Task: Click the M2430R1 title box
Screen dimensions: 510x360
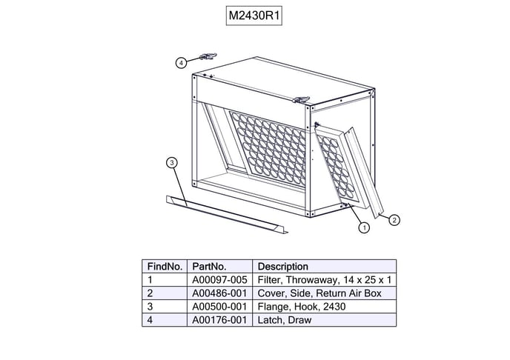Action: point(254,16)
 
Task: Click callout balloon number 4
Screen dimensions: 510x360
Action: point(181,63)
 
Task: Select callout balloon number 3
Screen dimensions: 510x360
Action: point(172,162)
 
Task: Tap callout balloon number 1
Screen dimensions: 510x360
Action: point(364,227)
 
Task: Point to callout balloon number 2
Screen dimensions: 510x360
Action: point(394,220)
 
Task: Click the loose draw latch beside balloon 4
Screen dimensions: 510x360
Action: point(208,56)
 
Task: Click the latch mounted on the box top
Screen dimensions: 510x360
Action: point(300,100)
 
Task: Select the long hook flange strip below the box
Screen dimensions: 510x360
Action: point(227,214)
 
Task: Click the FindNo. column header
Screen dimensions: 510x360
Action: point(165,267)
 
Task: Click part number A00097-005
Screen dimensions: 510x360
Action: point(219,280)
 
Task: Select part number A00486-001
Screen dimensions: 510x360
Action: point(219,293)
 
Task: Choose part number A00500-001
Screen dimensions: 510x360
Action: point(219,307)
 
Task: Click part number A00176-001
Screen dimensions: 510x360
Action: point(219,320)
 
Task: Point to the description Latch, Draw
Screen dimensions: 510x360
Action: point(285,320)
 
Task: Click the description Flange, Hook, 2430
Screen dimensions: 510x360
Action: point(302,307)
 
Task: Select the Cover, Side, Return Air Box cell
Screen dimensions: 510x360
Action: point(324,293)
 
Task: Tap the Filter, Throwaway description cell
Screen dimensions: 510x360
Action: point(324,280)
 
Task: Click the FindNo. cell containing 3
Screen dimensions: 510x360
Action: point(165,307)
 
